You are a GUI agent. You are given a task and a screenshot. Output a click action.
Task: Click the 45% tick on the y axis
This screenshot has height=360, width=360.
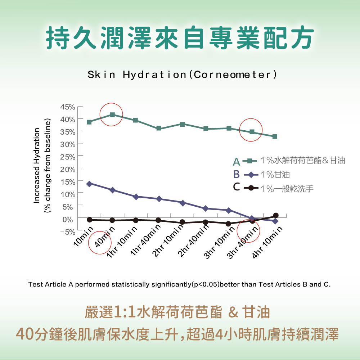point(67,107)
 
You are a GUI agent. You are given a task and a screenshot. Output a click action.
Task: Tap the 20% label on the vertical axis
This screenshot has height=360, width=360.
point(67,169)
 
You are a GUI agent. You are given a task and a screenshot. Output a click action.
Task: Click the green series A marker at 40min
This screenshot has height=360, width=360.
point(112,115)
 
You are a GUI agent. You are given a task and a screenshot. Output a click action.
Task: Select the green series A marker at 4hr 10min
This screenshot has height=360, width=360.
point(275,136)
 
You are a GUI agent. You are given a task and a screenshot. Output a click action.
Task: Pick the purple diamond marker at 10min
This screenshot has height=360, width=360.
point(89,184)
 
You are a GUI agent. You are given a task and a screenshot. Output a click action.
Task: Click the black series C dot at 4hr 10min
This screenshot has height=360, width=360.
point(276,215)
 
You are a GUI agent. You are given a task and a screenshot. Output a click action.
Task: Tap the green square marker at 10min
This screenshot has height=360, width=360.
point(89,122)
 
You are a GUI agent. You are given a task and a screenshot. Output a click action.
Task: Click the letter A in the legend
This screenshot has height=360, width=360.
point(236,161)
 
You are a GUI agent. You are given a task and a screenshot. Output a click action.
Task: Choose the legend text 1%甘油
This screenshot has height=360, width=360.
point(275,175)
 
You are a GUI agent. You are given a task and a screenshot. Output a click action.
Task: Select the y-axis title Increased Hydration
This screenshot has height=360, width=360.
point(36,165)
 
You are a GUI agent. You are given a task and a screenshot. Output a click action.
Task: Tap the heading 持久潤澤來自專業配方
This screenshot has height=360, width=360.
point(180,37)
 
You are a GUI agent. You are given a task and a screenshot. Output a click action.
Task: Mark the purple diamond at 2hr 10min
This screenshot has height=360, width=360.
point(183,203)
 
